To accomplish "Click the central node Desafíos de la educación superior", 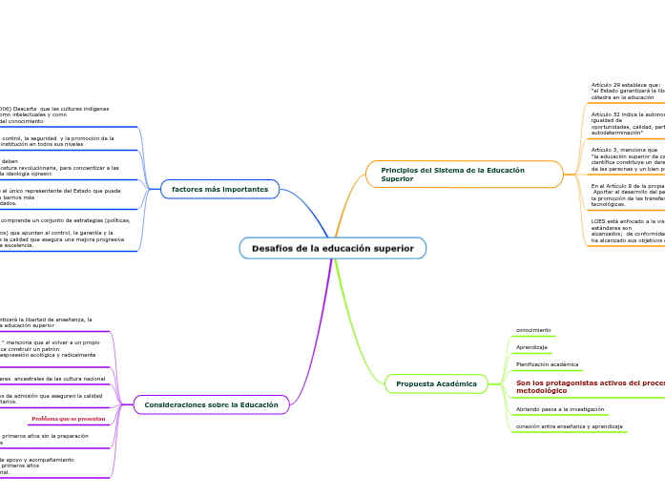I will click(x=332, y=248).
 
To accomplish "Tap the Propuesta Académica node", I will click(x=436, y=383).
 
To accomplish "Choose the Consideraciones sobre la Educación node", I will click(x=211, y=404).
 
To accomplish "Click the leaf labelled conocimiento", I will click(x=533, y=331).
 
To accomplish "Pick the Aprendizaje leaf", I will click(x=531, y=347).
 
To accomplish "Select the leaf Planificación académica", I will click(x=547, y=364).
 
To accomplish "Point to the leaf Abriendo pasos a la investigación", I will click(x=560, y=408).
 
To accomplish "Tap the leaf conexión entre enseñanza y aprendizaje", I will click(x=569, y=425).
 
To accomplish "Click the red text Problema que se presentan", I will click(x=68, y=419).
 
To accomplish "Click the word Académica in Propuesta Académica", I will click(x=457, y=383).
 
